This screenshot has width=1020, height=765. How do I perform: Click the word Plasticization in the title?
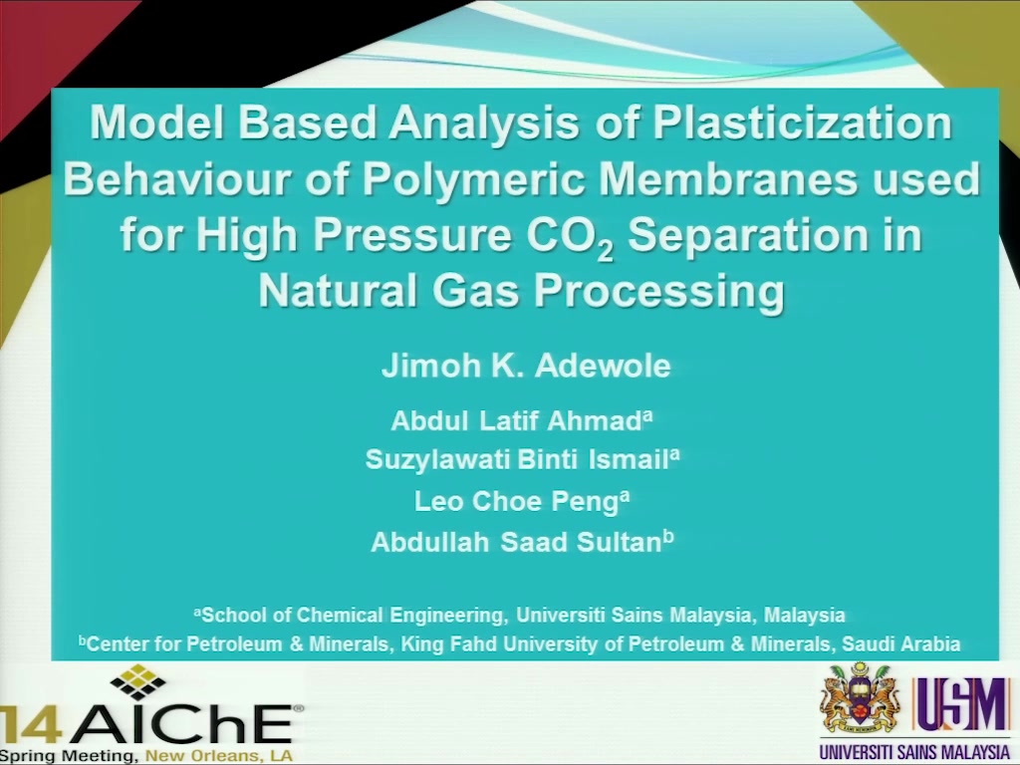[802, 123]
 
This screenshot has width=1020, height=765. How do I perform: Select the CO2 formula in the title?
[570, 237]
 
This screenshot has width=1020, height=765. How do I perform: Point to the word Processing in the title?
[659, 291]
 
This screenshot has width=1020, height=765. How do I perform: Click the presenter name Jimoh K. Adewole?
[526, 366]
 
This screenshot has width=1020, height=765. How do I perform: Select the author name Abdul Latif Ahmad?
[521, 421]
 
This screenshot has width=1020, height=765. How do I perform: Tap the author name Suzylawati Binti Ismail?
[522, 459]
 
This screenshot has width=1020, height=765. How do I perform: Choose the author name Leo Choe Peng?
[522, 501]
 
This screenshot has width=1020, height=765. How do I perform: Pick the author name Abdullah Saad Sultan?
[522, 541]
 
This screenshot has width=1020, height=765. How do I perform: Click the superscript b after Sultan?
[668, 537]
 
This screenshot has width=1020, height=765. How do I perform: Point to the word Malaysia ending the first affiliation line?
[804, 615]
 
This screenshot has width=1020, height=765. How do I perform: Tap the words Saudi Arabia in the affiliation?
[900, 644]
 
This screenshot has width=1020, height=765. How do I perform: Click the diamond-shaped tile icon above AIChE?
[137, 681]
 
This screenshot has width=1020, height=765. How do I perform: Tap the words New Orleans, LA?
[218, 757]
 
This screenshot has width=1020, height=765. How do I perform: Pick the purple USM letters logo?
[963, 705]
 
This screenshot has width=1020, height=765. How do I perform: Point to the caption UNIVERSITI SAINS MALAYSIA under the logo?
[914, 752]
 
